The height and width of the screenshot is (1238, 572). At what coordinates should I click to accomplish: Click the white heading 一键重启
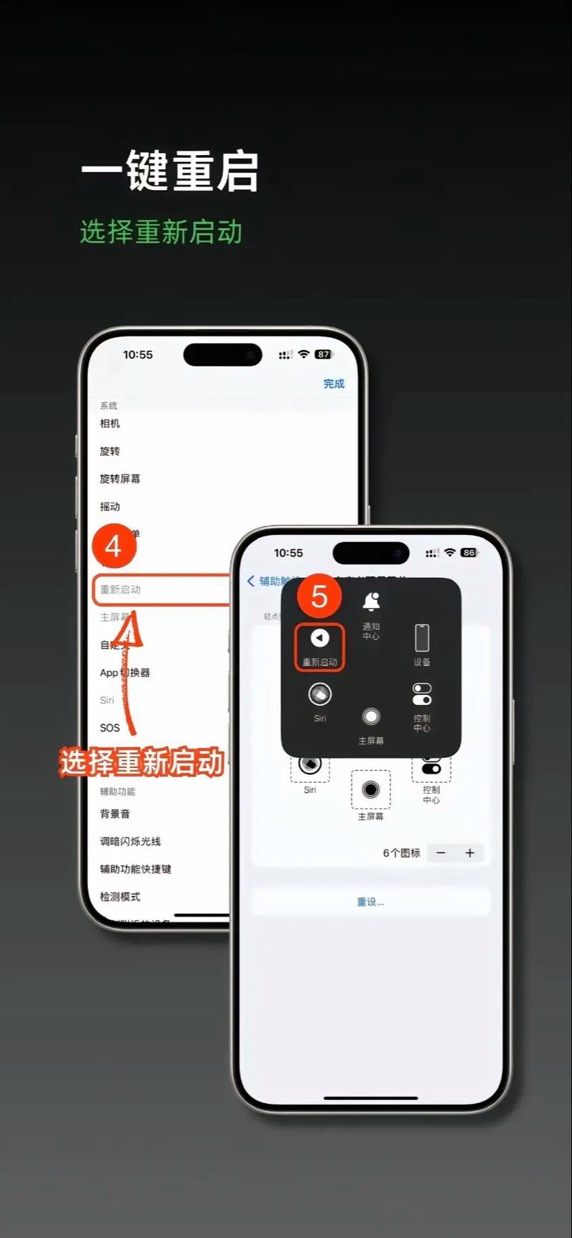[169, 171]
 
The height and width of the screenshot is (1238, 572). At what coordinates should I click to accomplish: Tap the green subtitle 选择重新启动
[161, 232]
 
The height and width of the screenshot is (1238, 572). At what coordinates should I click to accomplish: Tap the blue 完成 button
[333, 384]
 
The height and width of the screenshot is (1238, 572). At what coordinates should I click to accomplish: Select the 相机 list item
[110, 424]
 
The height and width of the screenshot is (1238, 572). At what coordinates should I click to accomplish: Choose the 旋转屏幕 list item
[120, 479]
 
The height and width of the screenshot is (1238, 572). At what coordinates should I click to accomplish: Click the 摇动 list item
[110, 506]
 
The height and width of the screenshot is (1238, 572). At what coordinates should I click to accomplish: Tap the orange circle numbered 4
[114, 546]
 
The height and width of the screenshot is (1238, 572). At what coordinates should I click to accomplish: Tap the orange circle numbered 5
[319, 597]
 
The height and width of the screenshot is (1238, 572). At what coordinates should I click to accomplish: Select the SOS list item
[110, 728]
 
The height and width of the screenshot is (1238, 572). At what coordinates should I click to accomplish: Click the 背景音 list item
[115, 814]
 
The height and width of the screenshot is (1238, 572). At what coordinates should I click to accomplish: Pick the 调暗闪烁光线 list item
[130, 842]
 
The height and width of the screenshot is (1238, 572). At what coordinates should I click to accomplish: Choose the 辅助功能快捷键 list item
[136, 869]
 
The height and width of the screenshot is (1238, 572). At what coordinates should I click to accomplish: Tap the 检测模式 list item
[120, 897]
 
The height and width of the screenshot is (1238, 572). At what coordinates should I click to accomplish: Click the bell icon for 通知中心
[371, 602]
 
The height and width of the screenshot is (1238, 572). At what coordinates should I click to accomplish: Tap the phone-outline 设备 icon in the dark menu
[422, 638]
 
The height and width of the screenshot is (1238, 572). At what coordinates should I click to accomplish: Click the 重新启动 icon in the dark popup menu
[320, 638]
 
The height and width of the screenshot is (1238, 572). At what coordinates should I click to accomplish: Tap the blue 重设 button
[370, 902]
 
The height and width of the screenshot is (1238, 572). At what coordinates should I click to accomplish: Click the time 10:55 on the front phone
[288, 553]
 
